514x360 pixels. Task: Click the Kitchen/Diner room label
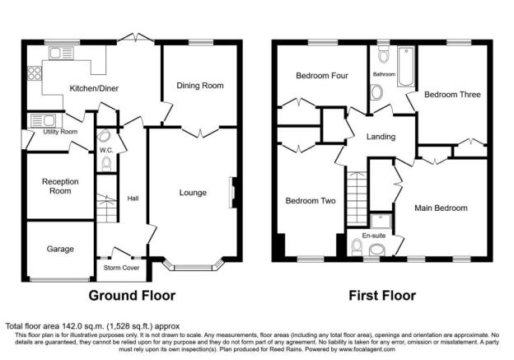click(91, 88)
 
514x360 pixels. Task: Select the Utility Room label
click(59, 132)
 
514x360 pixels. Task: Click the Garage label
click(59, 249)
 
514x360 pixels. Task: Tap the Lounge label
click(193, 194)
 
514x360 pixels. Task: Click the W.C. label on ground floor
click(105, 151)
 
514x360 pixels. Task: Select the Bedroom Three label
click(452, 95)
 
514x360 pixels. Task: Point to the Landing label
click(380, 137)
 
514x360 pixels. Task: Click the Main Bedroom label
click(441, 208)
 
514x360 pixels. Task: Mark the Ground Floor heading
click(133, 295)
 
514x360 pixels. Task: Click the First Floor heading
click(381, 295)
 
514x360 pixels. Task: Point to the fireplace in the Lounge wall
click(233, 191)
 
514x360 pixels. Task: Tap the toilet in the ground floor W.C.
click(105, 164)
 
